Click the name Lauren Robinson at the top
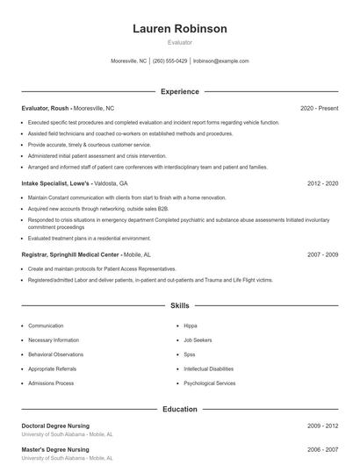[180, 28]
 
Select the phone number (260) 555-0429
[170, 61]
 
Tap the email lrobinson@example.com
[221, 61]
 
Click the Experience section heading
[180, 91]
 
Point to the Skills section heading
[180, 306]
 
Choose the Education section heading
[180, 409]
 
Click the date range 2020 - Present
[319, 108]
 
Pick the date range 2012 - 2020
[322, 184]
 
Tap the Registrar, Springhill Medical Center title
[69, 254]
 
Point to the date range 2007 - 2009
[322, 254]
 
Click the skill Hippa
[191, 325]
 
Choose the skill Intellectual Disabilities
[208, 369]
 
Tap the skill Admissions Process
[51, 383]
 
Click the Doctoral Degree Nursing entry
[55, 426]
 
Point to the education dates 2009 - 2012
[322, 426]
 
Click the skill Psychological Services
[209, 383]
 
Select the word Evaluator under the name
[180, 42]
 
